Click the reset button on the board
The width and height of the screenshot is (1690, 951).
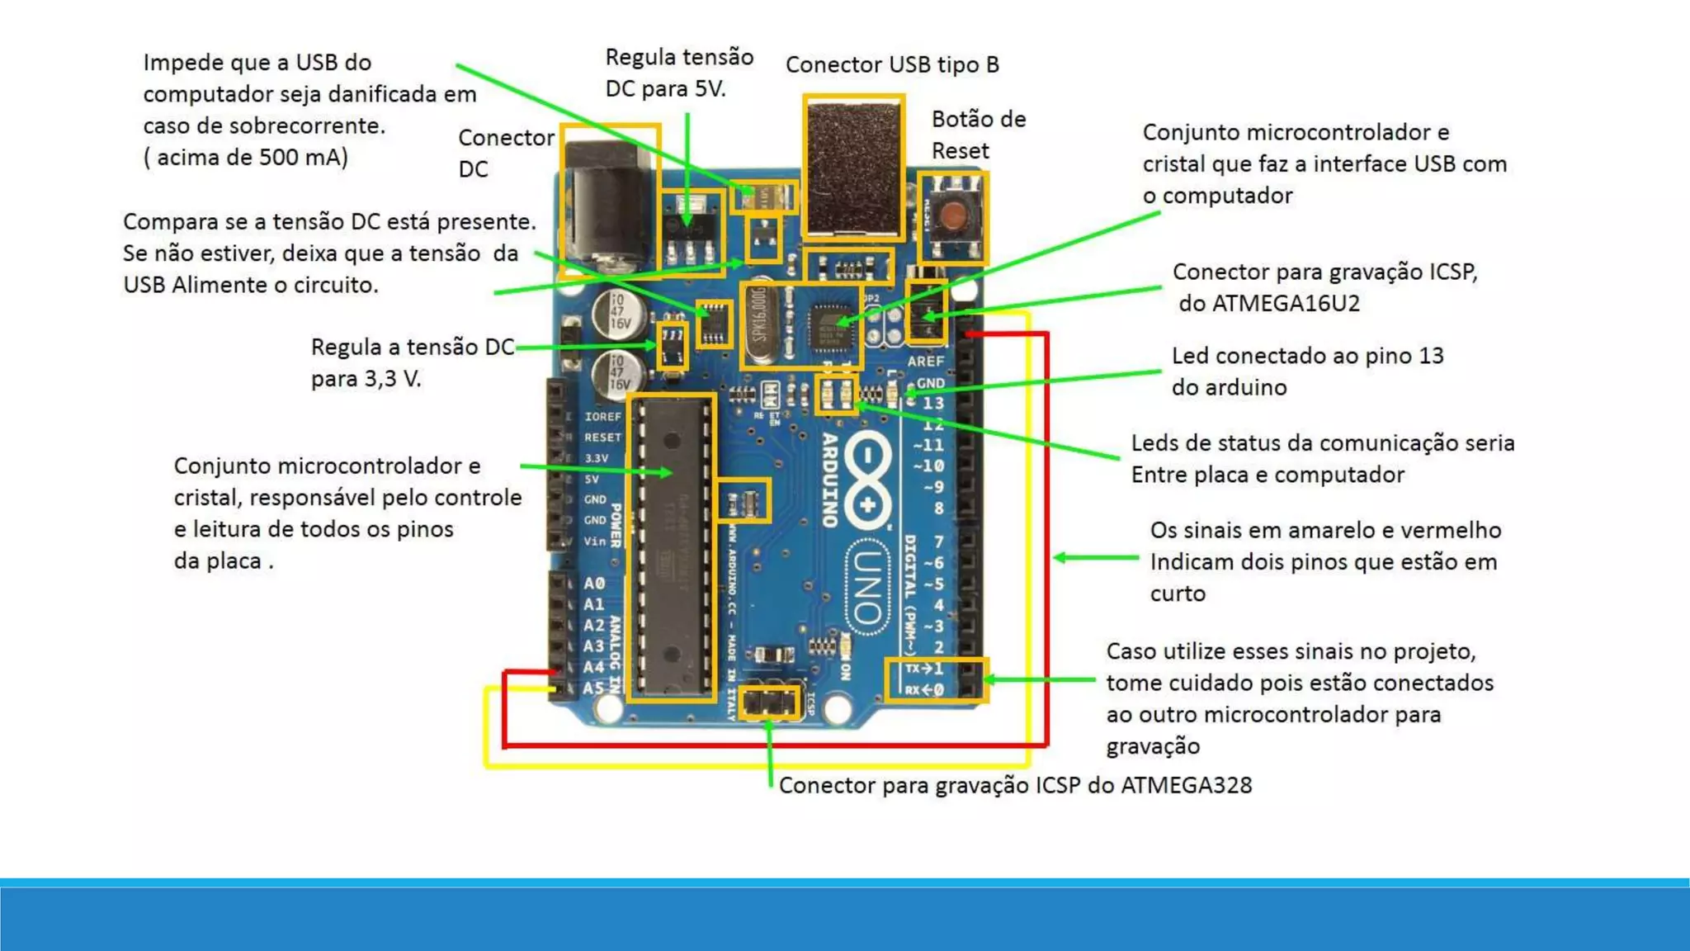954,216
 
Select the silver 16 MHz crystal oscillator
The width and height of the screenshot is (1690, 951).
760,323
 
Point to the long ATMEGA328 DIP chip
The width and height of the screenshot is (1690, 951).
671,548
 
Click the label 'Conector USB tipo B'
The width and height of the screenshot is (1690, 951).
891,64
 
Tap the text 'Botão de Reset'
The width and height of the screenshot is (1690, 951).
978,135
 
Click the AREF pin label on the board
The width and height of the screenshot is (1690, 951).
925,362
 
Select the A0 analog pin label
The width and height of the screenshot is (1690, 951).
594,584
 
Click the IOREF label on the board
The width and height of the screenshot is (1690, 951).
602,417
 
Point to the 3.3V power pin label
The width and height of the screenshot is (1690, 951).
596,458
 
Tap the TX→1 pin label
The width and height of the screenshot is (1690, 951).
923,669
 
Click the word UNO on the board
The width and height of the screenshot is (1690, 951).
867,587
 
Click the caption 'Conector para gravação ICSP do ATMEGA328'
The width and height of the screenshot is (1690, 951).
1014,785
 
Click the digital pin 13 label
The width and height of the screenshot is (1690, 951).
932,403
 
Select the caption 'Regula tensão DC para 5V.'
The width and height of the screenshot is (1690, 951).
678,73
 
